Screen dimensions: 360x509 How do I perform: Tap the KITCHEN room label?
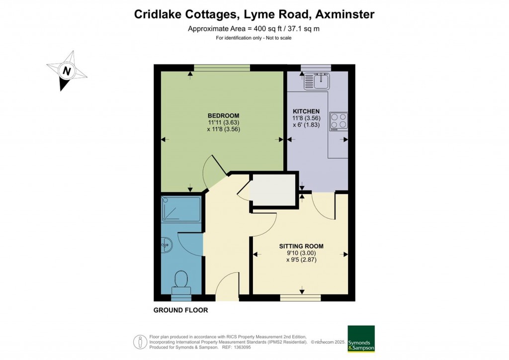coord(306,111)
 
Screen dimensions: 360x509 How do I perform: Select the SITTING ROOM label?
coord(301,246)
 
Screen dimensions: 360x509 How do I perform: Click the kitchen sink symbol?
coord(317,80)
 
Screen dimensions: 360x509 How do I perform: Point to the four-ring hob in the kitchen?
coord(338,120)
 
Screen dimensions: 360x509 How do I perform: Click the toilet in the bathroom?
coord(180,282)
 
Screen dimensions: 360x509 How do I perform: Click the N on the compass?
coord(66,71)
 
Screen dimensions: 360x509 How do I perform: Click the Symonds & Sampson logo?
coord(361,339)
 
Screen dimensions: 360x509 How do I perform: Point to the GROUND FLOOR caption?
coord(180,310)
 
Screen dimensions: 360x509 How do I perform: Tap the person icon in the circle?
coord(140,342)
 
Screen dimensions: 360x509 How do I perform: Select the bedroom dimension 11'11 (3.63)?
coord(224,122)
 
